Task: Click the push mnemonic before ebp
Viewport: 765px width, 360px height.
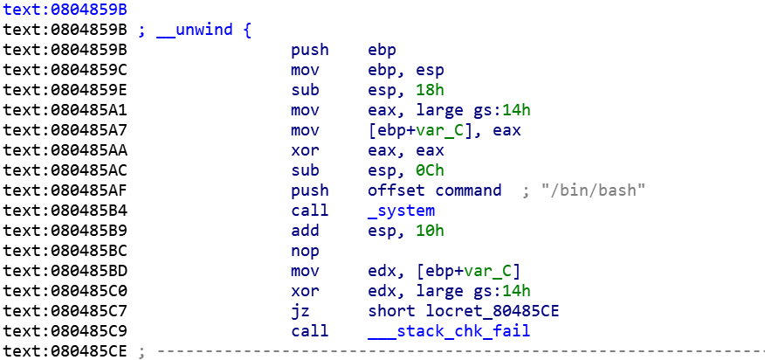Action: [x=309, y=50]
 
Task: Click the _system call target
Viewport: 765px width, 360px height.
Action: [x=401, y=211]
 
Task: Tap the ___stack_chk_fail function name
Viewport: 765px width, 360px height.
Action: [x=449, y=331]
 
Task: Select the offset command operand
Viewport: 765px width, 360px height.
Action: [x=435, y=190]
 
